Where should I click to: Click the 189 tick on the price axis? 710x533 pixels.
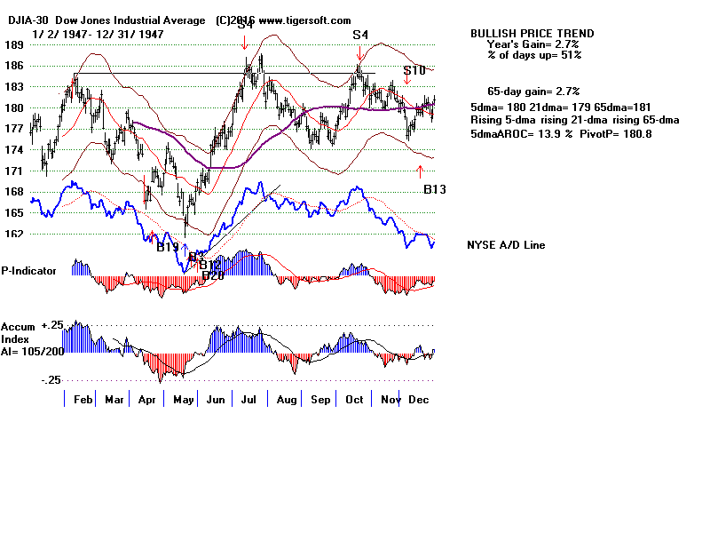(x=12, y=44)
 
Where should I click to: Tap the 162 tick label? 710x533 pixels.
(x=12, y=235)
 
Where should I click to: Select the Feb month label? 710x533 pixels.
(x=84, y=400)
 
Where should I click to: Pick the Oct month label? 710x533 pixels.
(x=354, y=400)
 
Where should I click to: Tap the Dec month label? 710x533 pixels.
(x=418, y=400)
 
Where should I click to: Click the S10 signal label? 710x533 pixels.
(x=414, y=70)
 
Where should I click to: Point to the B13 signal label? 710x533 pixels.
(x=435, y=189)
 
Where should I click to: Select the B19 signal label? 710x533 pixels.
(x=168, y=247)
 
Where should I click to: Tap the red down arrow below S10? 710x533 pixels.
(x=407, y=83)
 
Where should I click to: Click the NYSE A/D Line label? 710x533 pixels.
(x=506, y=245)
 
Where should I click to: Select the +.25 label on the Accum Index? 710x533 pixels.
(x=54, y=326)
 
